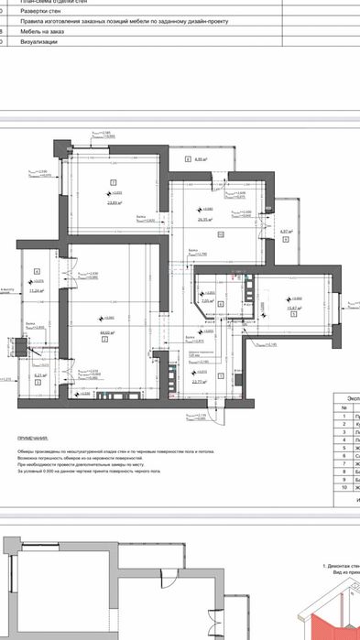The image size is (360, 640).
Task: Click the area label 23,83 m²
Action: [114, 203]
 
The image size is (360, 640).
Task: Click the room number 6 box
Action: [187, 158]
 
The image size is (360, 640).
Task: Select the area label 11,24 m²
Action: [37, 291]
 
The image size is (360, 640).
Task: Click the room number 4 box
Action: [37, 271]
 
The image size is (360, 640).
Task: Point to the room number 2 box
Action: [105, 338]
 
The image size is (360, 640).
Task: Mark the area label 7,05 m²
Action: [207, 299]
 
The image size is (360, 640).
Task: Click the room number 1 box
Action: [38, 384]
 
